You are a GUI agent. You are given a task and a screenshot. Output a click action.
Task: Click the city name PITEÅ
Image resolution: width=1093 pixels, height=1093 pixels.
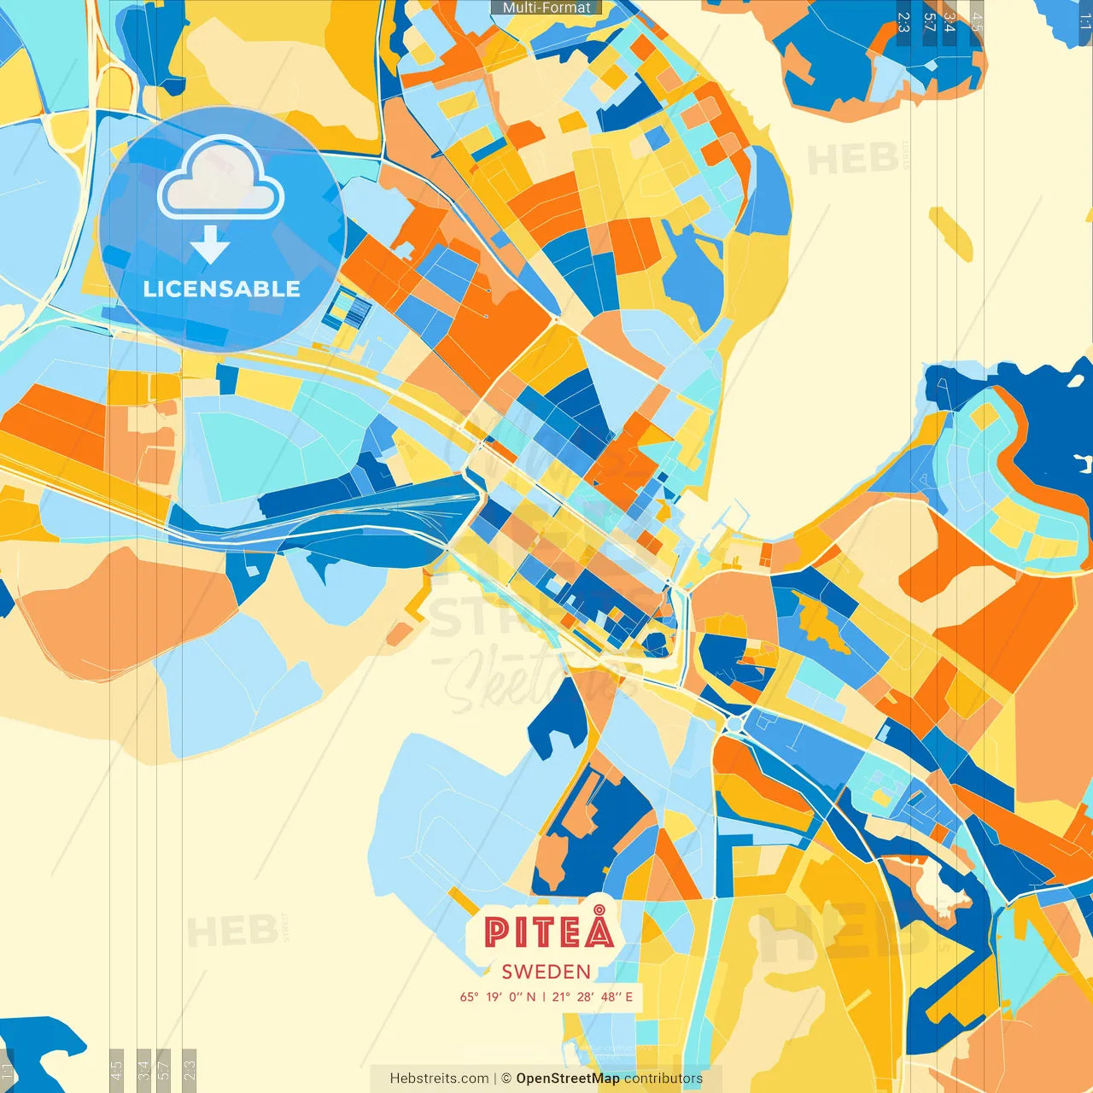pos(549,932)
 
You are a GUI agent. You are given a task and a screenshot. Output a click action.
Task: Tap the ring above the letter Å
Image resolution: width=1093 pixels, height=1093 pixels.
pos(600,905)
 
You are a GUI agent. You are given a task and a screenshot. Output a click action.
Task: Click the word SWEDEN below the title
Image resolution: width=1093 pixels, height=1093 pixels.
pos(546,972)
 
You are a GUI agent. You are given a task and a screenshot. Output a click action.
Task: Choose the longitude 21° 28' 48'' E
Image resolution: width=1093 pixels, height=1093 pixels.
pos(593,997)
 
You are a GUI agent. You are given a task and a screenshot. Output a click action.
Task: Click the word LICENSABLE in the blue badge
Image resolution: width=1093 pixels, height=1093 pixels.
pos(222,289)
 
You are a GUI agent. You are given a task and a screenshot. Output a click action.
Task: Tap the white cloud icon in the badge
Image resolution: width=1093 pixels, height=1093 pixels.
pos(221,179)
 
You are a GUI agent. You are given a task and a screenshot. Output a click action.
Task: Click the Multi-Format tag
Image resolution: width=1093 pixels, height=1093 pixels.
pos(546,8)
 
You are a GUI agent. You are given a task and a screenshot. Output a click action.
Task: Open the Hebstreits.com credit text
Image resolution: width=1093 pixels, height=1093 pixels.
pos(439,1078)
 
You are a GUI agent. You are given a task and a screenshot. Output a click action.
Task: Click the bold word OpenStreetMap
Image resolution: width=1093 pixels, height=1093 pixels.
pos(568,1078)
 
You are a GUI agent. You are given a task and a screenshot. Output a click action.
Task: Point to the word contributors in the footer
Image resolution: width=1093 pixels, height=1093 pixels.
pos(663,1078)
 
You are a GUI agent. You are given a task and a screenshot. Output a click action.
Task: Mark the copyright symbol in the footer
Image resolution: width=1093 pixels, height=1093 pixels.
pos(506,1078)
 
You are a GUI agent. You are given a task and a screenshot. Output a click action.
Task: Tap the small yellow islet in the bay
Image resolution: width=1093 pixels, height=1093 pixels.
pos(950,233)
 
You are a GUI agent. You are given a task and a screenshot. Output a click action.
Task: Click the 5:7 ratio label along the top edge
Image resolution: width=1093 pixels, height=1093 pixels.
pos(929,22)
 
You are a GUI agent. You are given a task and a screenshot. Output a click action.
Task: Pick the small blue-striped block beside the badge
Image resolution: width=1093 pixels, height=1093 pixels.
pos(349,309)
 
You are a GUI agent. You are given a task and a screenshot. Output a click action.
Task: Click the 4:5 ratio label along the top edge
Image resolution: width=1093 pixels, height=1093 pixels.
pos(976,22)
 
